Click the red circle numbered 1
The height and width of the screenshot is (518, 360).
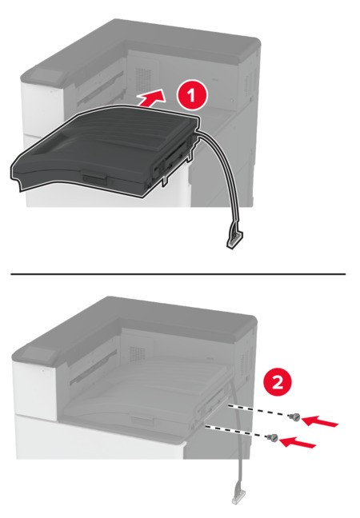(192, 96)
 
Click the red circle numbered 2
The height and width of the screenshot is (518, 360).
(278, 383)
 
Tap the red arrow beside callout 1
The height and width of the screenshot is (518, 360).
(151, 98)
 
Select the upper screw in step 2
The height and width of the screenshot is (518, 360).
(294, 417)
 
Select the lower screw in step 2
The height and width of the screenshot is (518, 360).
(273, 438)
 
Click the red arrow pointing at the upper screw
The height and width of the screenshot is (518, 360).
(320, 420)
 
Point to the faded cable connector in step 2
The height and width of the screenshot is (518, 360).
(238, 497)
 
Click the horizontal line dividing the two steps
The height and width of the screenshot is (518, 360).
(178, 274)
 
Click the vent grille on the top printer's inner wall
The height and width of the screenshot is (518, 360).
(143, 80)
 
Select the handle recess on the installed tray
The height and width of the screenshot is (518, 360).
(142, 419)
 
